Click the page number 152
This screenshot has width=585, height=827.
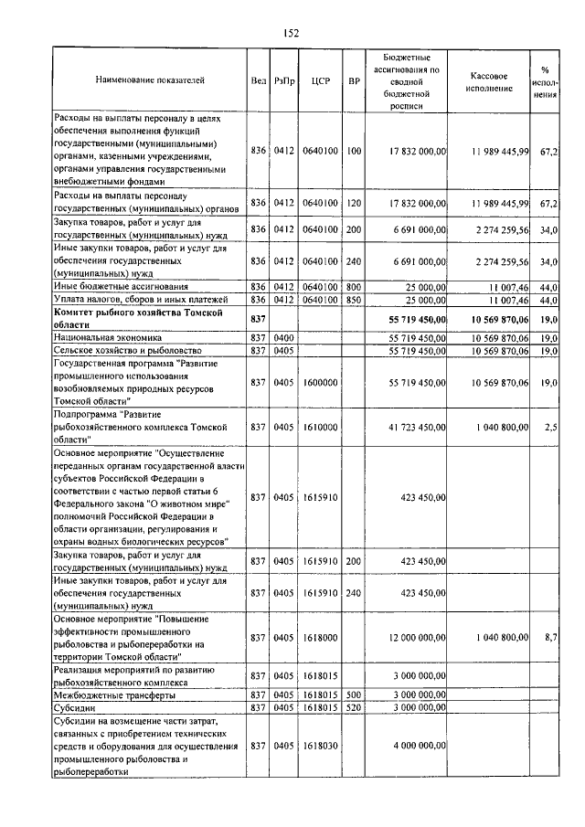tap(292, 33)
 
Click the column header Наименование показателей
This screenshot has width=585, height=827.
tap(150, 80)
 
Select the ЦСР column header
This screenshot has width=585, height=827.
tap(320, 80)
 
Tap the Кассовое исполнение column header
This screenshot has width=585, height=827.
tap(493, 80)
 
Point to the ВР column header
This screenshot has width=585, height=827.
tap(354, 80)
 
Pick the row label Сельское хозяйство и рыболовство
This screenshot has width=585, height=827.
tap(122, 350)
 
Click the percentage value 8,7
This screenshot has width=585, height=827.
tap(550, 637)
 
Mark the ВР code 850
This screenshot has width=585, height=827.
tap(354, 299)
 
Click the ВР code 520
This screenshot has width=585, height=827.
tap(354, 707)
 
